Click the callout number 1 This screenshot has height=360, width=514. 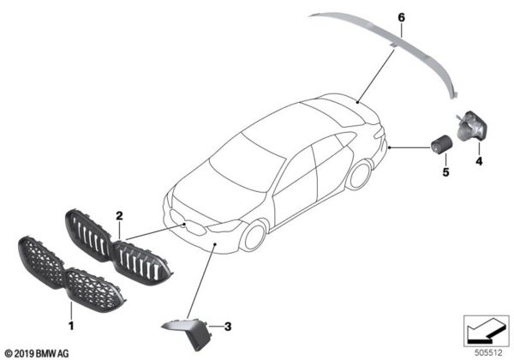pos(72,326)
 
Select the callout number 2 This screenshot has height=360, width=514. pos(120,218)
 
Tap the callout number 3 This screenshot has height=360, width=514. pos(227,326)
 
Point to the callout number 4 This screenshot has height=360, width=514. pos(479,160)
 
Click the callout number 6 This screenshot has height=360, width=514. pos(399,16)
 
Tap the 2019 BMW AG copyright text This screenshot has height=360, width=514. pos(41,351)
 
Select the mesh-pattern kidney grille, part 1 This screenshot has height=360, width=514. pos(72,274)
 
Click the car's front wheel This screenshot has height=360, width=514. pos(254,236)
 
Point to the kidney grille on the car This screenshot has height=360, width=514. pos(195,226)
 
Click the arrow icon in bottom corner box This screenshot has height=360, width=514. pos(485,329)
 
